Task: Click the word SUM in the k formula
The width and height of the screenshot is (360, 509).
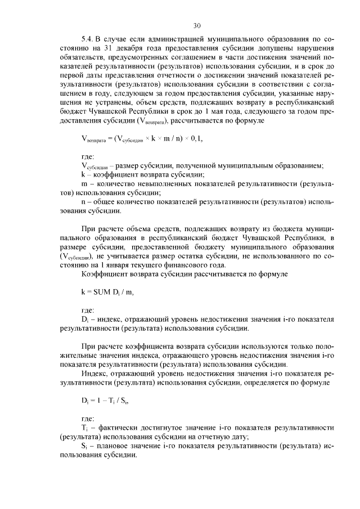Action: (x=105, y=292)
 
